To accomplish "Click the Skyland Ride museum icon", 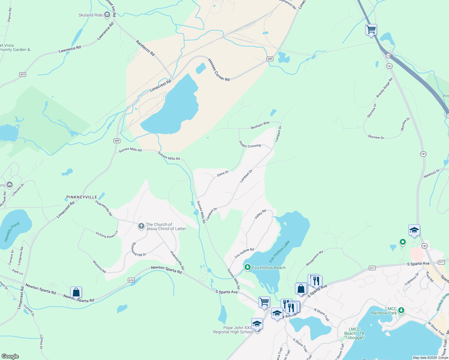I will [107, 15].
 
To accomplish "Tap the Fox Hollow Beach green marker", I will [247, 267].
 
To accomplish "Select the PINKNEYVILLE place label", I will [82, 197].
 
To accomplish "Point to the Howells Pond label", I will [12, 232].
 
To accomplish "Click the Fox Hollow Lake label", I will [279, 251].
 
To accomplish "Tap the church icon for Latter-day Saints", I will [141, 226].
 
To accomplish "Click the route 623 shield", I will [23, 74].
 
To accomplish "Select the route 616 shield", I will [131, 280].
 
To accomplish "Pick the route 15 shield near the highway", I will [388, 55].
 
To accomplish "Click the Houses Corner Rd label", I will [218, 70].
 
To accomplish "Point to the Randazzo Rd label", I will [145, 48].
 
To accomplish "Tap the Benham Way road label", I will [260, 125].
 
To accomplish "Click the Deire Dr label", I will [223, 174].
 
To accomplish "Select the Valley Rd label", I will [260, 214].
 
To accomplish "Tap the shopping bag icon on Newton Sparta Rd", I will [76, 292].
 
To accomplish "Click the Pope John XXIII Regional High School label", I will [233, 330].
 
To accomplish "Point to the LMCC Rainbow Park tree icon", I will [401, 310].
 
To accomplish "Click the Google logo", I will [10, 356].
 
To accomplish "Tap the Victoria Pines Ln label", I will [107, 235].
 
